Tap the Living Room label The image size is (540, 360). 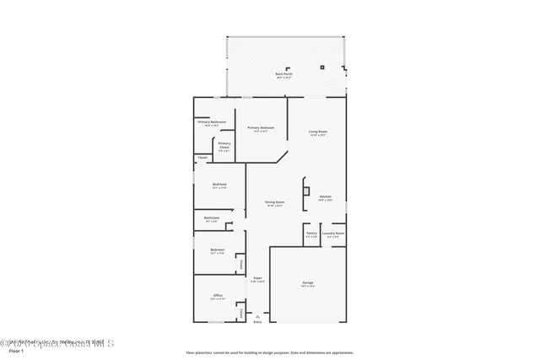(x=317, y=132)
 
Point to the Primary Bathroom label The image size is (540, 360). (x=212, y=123)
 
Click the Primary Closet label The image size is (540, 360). (x=224, y=145)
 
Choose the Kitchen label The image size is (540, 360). (x=325, y=198)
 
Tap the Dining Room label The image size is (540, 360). (x=274, y=202)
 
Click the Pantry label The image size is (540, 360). (x=310, y=234)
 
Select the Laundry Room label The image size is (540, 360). (x=333, y=234)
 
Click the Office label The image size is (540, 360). (x=218, y=296)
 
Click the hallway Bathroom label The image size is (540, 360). (x=212, y=218)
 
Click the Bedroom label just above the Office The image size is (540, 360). (x=217, y=250)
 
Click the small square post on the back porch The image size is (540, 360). (x=322, y=67)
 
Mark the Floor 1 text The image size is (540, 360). (x=15, y=350)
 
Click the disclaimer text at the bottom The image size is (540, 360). (x=270, y=352)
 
